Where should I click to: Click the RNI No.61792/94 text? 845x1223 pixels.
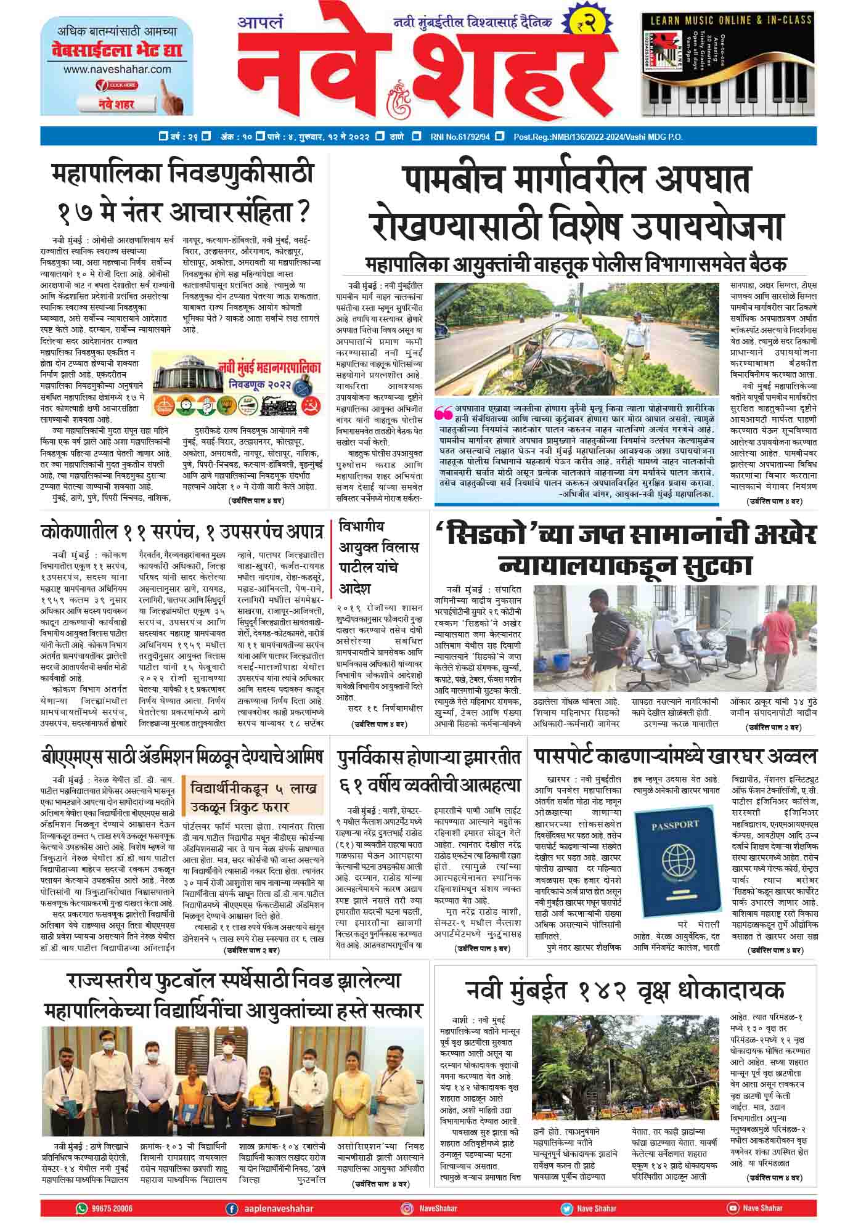click(x=460, y=137)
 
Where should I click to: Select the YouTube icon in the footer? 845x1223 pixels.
click(x=732, y=1208)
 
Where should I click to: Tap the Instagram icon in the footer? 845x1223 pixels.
click(x=407, y=1208)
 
